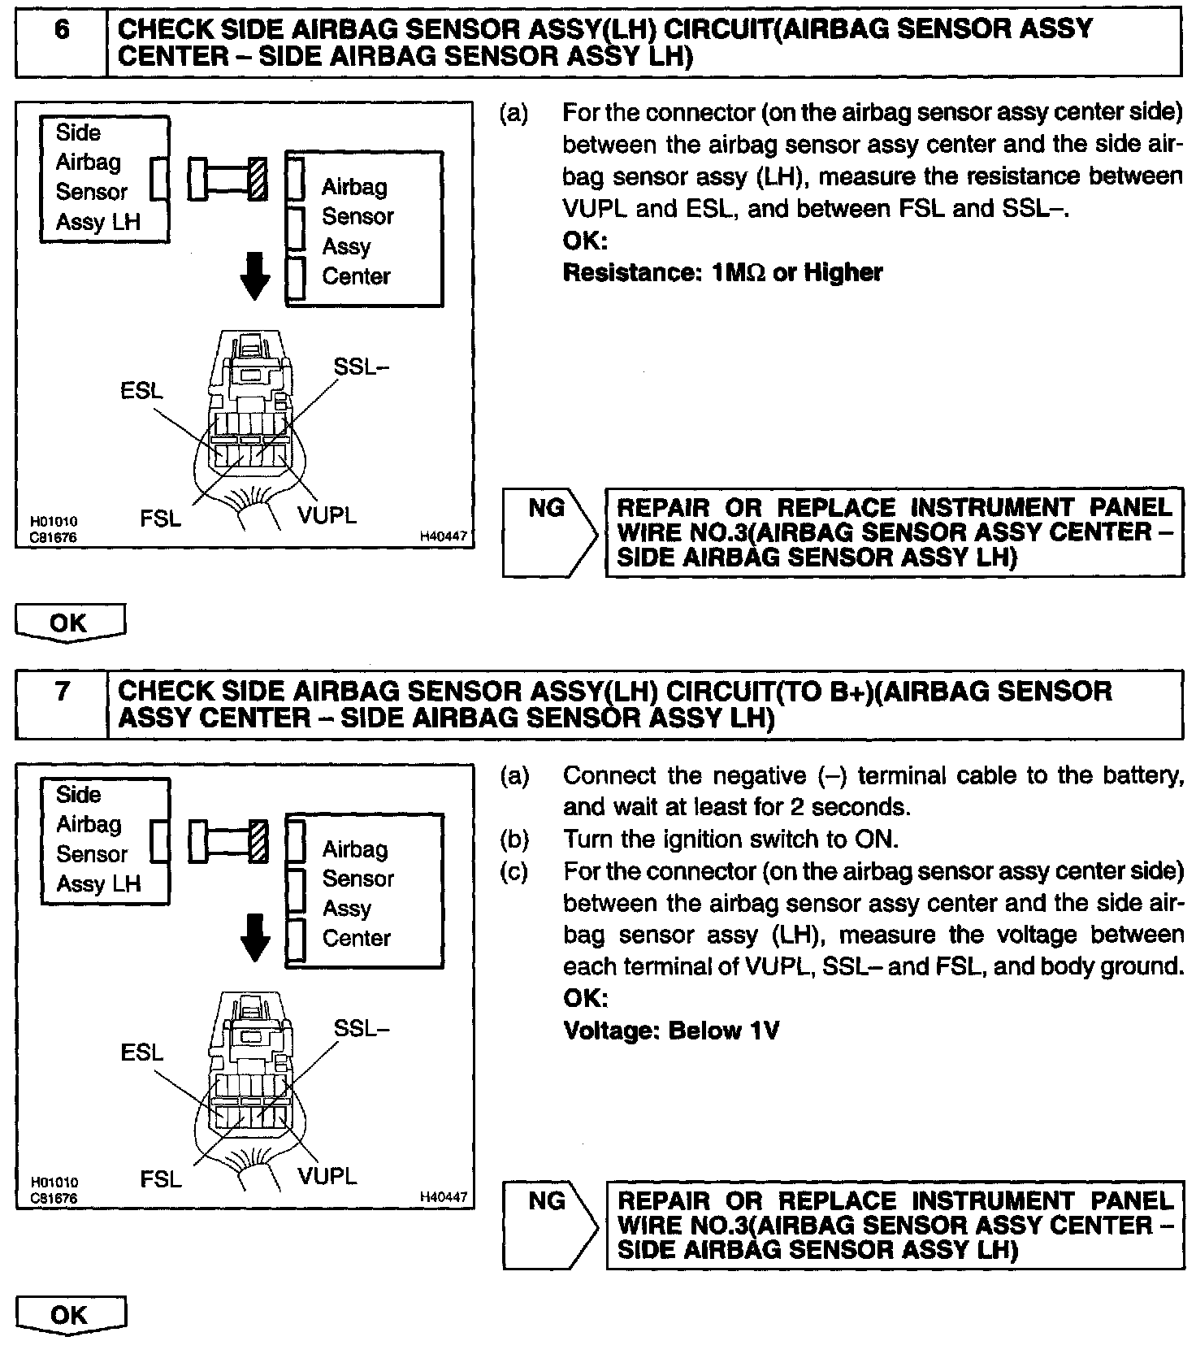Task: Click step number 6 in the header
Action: pyautogui.click(x=62, y=30)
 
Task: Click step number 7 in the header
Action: pyautogui.click(x=62, y=692)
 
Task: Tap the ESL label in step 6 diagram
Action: pyautogui.click(x=141, y=391)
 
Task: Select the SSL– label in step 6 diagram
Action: pyautogui.click(x=362, y=367)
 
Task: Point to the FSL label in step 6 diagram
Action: pyautogui.click(x=161, y=518)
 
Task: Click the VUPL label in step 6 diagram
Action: pyautogui.click(x=327, y=516)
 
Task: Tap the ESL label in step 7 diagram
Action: pyautogui.click(x=141, y=1052)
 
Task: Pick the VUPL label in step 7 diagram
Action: pyautogui.click(x=327, y=1177)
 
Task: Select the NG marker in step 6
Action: pyautogui.click(x=546, y=509)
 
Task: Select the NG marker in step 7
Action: pyautogui.click(x=546, y=1200)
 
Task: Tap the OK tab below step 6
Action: pyautogui.click(x=69, y=623)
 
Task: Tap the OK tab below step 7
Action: pyautogui.click(x=69, y=1316)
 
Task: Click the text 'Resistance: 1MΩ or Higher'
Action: pyautogui.click(x=722, y=272)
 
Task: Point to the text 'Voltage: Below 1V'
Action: pyautogui.click(x=671, y=1031)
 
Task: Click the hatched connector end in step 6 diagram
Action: pyautogui.click(x=258, y=179)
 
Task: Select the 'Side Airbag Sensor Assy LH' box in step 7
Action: pyautogui.click(x=105, y=840)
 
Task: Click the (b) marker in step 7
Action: pyautogui.click(x=514, y=839)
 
